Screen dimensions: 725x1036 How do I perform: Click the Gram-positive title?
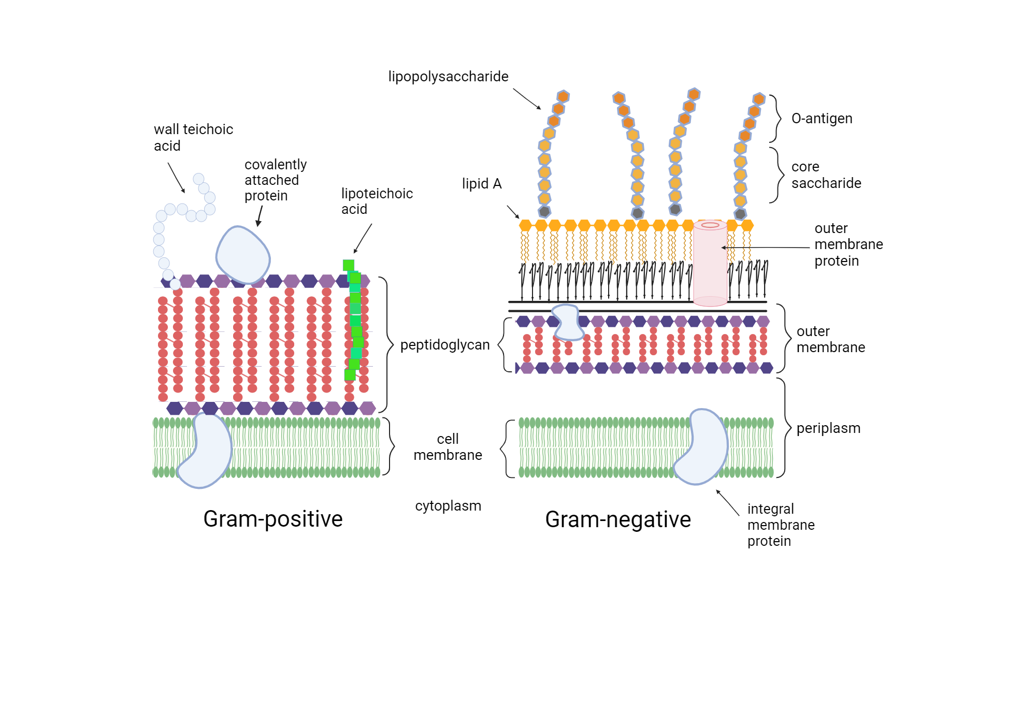pyautogui.click(x=273, y=519)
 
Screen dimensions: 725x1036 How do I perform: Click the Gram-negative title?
pyautogui.click(x=618, y=519)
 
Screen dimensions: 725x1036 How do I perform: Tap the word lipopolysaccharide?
pyautogui.click(x=448, y=77)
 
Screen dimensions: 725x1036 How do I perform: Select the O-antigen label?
pyautogui.click(x=822, y=119)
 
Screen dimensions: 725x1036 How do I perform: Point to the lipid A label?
pyautogui.click(x=482, y=184)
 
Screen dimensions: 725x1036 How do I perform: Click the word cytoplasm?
pyautogui.click(x=448, y=506)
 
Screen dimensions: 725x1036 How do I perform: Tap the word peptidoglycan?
pyautogui.click(x=445, y=345)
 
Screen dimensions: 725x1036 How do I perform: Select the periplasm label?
pyautogui.click(x=828, y=428)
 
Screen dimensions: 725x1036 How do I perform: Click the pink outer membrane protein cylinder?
pyautogui.click(x=710, y=264)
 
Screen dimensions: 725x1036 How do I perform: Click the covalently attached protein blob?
pyautogui.click(x=242, y=255)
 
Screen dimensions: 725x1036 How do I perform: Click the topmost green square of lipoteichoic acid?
pyautogui.click(x=349, y=265)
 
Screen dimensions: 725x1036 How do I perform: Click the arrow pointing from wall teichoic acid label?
pyautogui.click(x=176, y=178)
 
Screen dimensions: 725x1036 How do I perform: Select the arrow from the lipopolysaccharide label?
pyautogui.click(x=527, y=98)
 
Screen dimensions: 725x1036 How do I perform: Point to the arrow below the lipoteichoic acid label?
pyautogui.click(x=363, y=238)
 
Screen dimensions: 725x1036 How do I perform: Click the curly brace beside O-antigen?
pyautogui.click(x=776, y=119)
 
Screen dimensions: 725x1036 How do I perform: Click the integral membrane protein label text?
pyautogui.click(x=781, y=525)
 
